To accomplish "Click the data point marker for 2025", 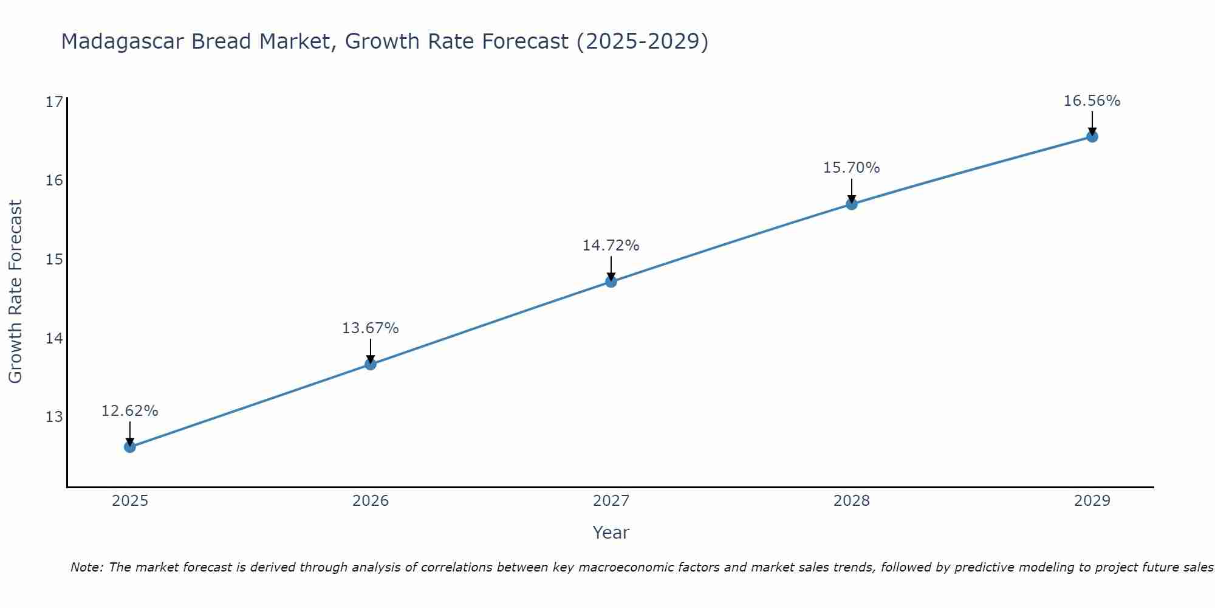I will (130, 447).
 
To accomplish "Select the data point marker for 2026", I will (371, 364).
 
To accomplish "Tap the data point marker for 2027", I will (611, 282).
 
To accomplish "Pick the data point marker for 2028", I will (852, 204).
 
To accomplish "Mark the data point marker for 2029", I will (1092, 137).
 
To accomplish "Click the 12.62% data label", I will (130, 411).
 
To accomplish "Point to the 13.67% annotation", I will (371, 328).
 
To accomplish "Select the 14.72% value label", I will (611, 246).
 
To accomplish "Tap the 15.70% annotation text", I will (852, 168).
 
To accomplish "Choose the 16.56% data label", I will (1092, 101).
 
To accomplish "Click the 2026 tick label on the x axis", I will (371, 501).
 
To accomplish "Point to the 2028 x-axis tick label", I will (852, 501).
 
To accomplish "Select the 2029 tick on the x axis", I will (1092, 501).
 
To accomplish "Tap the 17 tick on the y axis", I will (55, 102).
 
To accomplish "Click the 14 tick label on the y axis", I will (55, 338).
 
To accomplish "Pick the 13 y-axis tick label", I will (55, 417).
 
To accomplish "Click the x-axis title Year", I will (611, 533).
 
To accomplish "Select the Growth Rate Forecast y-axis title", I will (16, 292).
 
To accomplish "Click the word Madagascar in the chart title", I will (122, 42).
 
